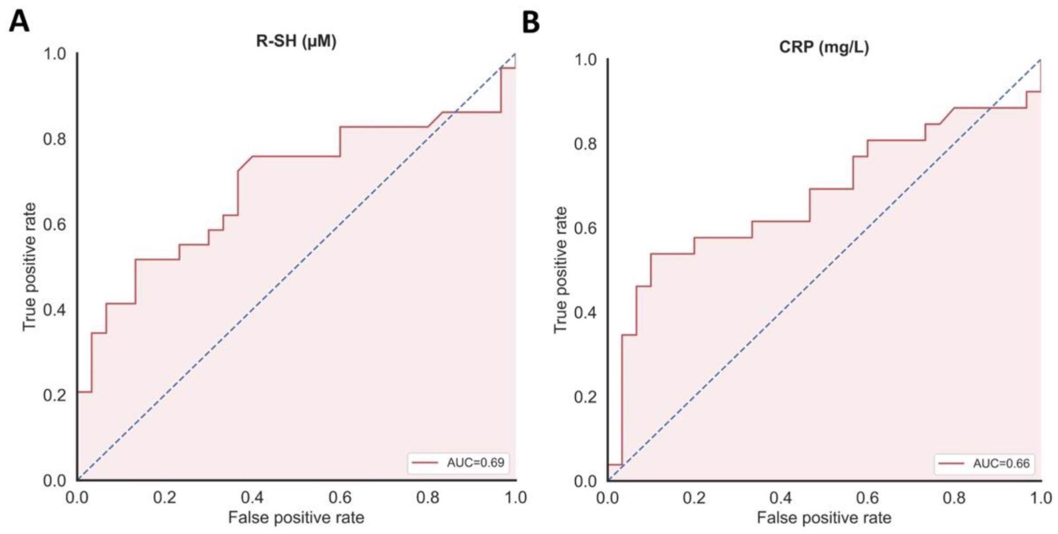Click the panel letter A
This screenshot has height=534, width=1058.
tap(19, 22)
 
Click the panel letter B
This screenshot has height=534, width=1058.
tap(531, 23)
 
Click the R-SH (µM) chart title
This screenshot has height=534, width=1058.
tap(296, 41)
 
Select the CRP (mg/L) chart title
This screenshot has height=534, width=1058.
tap(824, 47)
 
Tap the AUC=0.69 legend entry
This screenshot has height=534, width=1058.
tap(475, 463)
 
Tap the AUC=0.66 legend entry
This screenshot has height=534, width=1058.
tap(1001, 464)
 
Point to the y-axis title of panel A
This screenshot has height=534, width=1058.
tap(29, 267)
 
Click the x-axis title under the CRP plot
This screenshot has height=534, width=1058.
tap(824, 518)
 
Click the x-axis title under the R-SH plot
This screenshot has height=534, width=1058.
tap(296, 518)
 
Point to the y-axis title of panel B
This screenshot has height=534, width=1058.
tap(560, 270)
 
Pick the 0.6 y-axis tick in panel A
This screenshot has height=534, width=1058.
tap(55, 225)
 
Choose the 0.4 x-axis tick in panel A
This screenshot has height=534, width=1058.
tap(252, 498)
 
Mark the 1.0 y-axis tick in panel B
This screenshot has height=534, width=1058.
tap(585, 60)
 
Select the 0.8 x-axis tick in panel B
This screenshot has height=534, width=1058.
tap(954, 498)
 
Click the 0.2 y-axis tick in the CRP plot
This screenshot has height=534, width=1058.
tap(585, 397)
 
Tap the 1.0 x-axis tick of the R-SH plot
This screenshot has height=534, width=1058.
tap(515, 498)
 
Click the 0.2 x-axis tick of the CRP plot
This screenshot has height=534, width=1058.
tap(694, 498)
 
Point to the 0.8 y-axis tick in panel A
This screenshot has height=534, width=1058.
tap(55, 139)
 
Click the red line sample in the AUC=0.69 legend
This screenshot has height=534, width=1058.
tap(426, 463)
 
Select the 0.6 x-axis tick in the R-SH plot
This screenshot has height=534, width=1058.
tap(340, 498)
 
